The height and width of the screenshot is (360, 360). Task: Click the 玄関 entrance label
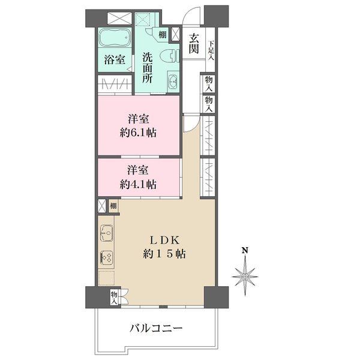(x=194, y=44)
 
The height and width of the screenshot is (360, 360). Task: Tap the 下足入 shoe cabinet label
(x=211, y=50)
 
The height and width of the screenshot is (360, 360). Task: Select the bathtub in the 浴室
(x=115, y=37)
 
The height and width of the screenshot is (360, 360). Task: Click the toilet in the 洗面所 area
(x=169, y=56)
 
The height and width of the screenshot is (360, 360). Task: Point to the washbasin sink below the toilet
(x=173, y=81)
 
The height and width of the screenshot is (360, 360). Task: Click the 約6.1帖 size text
(x=138, y=133)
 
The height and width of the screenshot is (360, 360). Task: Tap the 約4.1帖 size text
(x=138, y=184)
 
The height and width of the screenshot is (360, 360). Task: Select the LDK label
(x=164, y=241)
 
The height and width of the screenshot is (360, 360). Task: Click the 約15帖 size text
(x=164, y=254)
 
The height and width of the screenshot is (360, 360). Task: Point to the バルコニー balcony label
(x=156, y=328)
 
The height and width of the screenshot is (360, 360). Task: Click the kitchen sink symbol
(x=107, y=233)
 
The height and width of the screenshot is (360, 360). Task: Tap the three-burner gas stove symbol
(x=107, y=257)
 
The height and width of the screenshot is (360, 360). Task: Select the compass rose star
(x=245, y=277)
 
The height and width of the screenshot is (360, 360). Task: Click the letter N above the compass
(x=245, y=250)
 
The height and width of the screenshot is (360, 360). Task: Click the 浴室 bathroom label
(x=115, y=59)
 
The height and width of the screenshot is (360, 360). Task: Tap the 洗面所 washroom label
(x=147, y=68)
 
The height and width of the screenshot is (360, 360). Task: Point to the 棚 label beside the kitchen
(x=113, y=205)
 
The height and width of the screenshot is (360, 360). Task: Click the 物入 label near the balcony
(x=114, y=298)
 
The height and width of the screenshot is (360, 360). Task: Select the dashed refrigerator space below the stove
(x=106, y=278)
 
